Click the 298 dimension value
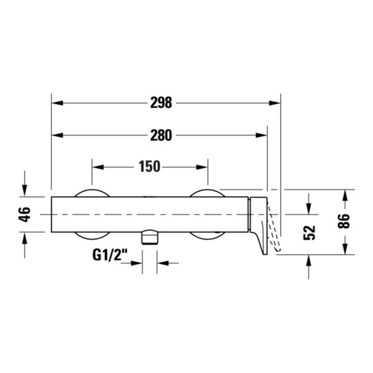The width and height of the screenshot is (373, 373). pos(161,103)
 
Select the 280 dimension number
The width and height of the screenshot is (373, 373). pos(161,135)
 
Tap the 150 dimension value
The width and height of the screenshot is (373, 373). pos(149,167)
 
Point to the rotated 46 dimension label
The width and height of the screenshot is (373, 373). pos(25,215)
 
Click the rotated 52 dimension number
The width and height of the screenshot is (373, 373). pos(309,232)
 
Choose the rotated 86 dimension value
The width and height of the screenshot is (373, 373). pos(345,221)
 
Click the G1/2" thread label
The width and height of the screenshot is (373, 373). pos(110,255)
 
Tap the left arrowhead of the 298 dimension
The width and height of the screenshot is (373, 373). pos(57,103)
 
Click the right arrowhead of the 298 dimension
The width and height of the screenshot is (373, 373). pos(275,103)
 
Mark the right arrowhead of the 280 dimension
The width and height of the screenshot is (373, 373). pos(261,135)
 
